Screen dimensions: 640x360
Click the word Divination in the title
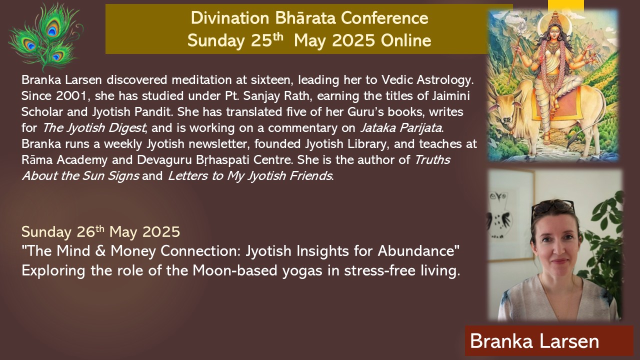tap(230, 18)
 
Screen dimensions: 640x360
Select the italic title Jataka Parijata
tap(401, 128)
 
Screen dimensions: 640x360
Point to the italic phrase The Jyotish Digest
tap(94, 128)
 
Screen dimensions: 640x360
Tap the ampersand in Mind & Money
tap(100, 251)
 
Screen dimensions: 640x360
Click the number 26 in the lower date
tap(85, 231)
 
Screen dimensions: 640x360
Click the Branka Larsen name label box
tap(549, 340)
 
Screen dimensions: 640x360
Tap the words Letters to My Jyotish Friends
tap(250, 176)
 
